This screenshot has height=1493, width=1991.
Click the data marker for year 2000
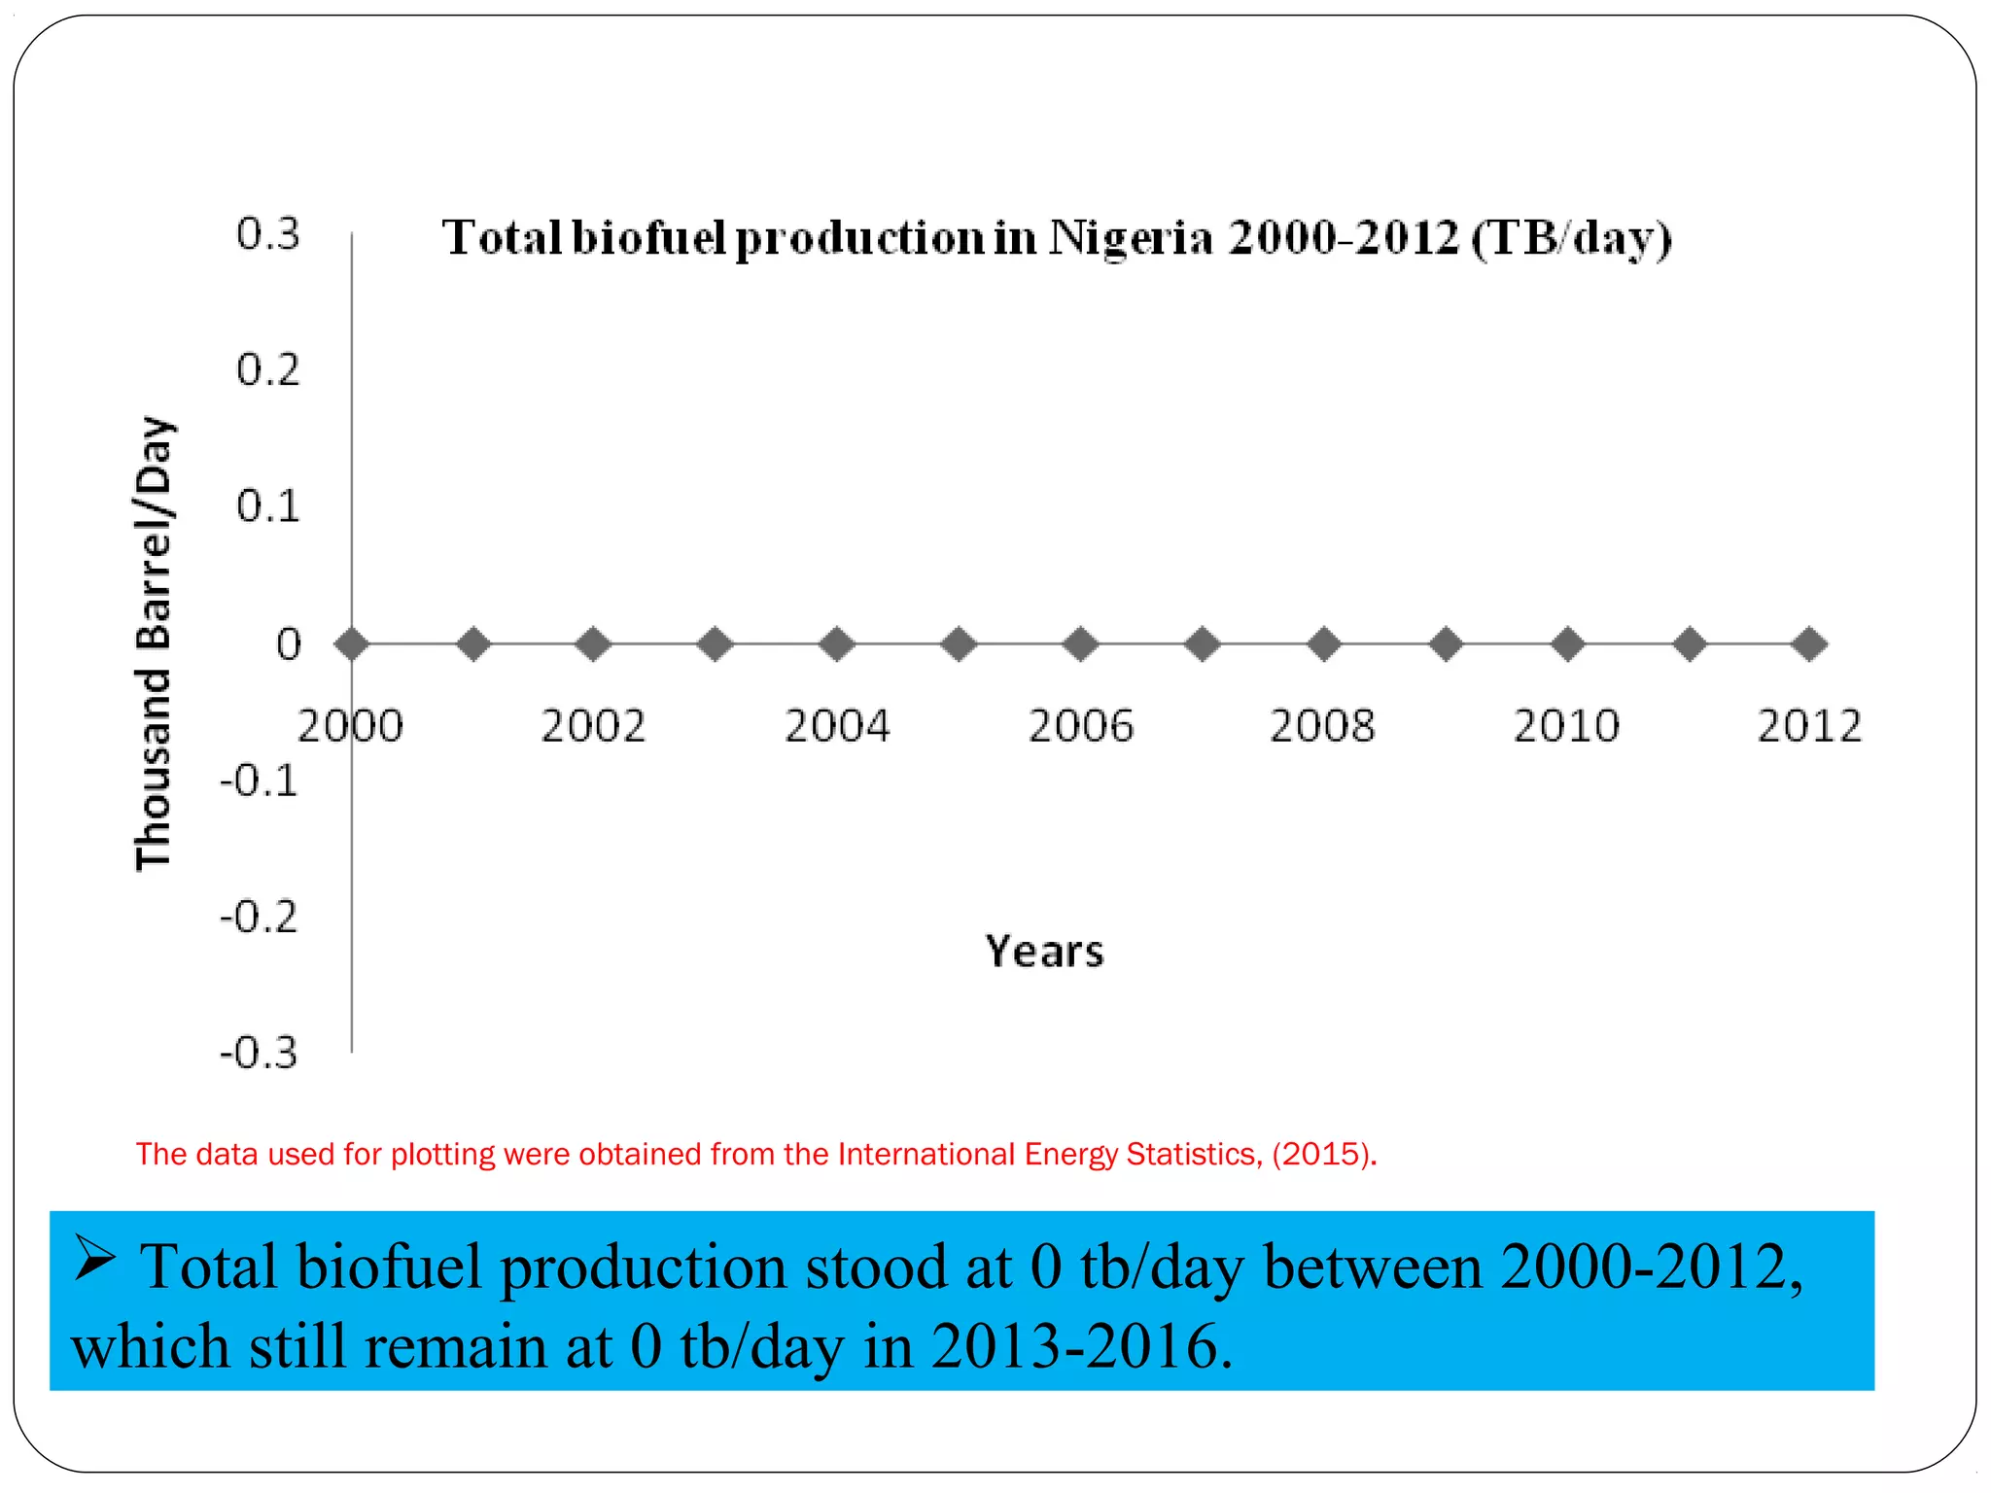[x=351, y=643]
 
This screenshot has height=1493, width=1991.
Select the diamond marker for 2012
[x=1809, y=643]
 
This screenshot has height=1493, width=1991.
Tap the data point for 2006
[x=1081, y=643]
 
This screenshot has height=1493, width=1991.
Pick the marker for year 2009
[x=1447, y=643]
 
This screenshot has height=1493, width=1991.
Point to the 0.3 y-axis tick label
[x=268, y=234]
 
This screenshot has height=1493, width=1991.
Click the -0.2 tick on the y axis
[x=259, y=917]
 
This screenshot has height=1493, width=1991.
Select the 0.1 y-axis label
[x=268, y=506]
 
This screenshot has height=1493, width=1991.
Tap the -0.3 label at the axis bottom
[x=259, y=1053]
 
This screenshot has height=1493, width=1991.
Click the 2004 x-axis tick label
[x=837, y=726]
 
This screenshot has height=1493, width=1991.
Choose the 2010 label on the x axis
[x=1566, y=726]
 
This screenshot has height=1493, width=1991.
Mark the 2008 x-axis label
[x=1323, y=726]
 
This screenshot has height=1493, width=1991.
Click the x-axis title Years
[x=1044, y=951]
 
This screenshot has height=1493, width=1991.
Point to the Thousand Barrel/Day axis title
[x=154, y=643]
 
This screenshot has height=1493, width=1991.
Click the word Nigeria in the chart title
[x=1131, y=238]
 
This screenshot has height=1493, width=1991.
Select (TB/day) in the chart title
[x=1571, y=238]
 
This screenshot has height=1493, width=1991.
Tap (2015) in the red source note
[x=1323, y=1154]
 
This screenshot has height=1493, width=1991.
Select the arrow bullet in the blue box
[x=95, y=1261]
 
